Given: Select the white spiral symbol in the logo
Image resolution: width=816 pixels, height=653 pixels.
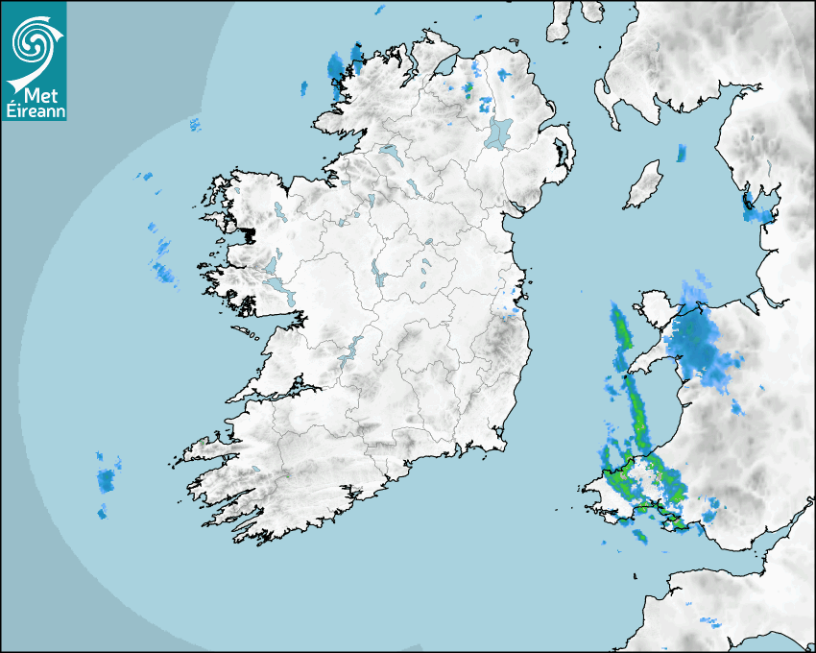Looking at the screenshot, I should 32,43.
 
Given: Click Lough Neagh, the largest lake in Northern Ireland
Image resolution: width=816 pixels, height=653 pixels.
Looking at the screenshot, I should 499,132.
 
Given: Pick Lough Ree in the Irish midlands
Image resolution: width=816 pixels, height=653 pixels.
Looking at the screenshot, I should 377,277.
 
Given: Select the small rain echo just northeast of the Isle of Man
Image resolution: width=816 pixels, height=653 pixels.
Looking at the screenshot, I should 682,152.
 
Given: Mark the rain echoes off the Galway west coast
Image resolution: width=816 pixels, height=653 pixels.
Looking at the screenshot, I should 161,269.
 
